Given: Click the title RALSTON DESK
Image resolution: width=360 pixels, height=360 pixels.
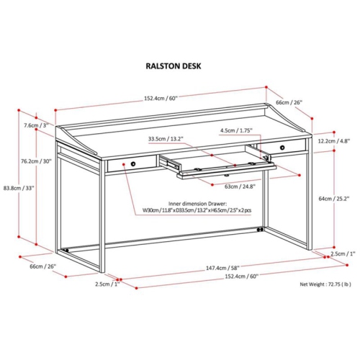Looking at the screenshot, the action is tap(174, 66).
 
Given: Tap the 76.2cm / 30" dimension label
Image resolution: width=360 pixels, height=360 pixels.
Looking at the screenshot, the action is tap(36, 161).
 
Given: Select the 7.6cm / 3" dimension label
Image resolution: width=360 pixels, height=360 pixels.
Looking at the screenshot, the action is tap(36, 125).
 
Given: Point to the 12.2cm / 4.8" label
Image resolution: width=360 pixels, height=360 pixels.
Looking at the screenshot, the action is tap(334, 141).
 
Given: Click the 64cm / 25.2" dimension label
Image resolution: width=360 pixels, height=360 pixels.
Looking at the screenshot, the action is tap(334, 199).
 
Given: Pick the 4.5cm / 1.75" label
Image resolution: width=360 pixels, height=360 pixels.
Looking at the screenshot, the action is tap(236, 130).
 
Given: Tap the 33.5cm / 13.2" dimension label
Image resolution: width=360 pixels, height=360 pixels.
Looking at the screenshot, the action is tap(166, 138).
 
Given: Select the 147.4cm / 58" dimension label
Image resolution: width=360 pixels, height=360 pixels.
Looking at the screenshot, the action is tap(222, 268).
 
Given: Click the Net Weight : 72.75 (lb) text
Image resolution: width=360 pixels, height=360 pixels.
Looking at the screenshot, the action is tap(325, 284).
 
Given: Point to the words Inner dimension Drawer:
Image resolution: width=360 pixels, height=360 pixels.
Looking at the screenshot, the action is tap(197, 204).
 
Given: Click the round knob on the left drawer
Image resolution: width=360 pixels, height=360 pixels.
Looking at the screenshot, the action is tap(133, 164).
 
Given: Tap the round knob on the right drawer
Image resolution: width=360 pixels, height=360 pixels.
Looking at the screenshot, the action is tap(283, 147).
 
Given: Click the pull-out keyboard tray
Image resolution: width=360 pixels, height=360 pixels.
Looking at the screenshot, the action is tap(226, 168).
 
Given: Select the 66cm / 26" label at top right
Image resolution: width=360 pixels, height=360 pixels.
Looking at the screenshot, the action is tap(289, 102).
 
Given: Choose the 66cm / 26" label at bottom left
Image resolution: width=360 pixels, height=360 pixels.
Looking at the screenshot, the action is tap(42, 266).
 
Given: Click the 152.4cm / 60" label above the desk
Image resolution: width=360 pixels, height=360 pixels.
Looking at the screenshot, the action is tap(161, 98).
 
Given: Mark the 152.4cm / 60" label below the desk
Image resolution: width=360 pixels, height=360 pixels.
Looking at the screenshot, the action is tap(241, 276).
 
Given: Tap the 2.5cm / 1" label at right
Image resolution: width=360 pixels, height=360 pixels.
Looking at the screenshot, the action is tap(343, 253).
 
